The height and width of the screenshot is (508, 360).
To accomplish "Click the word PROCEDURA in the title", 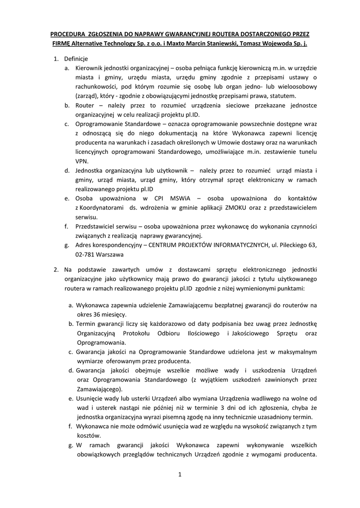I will [x=68, y=34].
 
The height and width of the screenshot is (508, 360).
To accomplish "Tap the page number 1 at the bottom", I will [x=180, y=475].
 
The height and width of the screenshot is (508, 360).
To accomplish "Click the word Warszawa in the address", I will [x=109, y=254].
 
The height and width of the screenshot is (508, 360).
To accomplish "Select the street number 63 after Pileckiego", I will [x=312, y=245].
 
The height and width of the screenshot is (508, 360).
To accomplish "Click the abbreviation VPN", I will [x=81, y=161].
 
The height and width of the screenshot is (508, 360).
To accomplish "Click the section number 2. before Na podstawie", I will [x=56, y=269].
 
